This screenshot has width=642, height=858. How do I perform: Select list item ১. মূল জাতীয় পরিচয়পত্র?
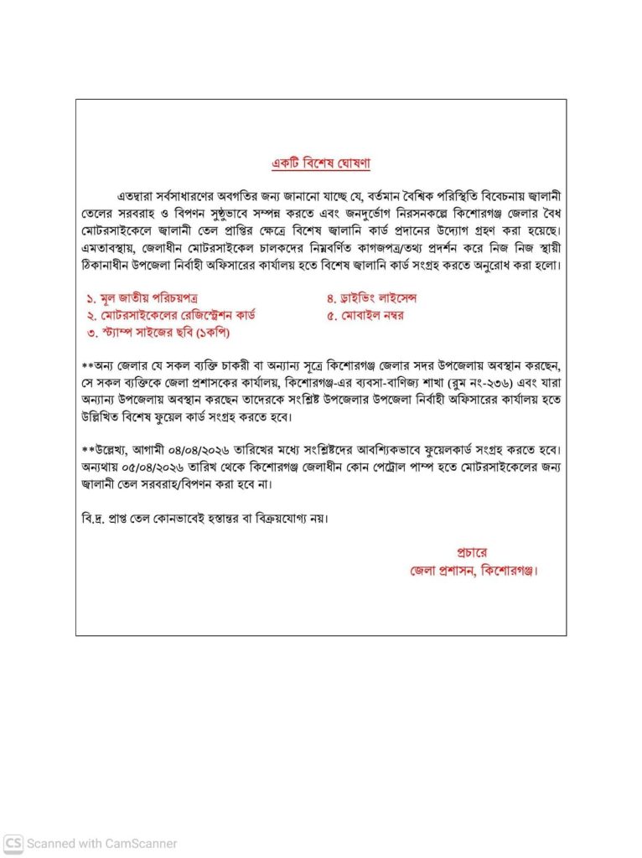tap(142, 298)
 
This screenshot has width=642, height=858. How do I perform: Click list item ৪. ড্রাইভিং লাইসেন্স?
tap(371, 298)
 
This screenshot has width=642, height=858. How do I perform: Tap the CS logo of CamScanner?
tap(13, 843)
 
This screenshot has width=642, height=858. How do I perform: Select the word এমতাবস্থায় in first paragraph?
tap(113, 249)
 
